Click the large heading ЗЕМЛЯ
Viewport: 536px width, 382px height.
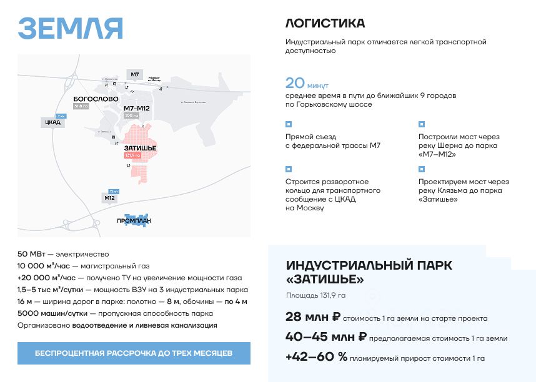coord(70,28)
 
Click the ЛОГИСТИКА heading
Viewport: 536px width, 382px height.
coord(325,24)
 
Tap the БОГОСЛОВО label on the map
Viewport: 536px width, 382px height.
coord(95,99)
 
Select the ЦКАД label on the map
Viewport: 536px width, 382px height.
coord(52,122)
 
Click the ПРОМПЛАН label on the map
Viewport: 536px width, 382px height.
coord(134,221)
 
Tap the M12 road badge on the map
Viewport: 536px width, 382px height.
coord(110,198)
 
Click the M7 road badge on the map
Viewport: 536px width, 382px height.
coord(134,75)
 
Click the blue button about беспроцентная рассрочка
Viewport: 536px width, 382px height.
coord(134,353)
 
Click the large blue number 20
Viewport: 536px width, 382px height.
coord(295,84)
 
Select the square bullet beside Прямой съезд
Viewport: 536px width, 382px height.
coord(289,124)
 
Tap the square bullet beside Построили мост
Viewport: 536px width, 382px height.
coord(422,124)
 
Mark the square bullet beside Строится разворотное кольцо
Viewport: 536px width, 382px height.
coord(289,169)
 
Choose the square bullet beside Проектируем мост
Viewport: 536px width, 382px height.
coord(422,169)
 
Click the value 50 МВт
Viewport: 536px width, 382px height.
coord(31,254)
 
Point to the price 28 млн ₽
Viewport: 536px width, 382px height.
coord(312,317)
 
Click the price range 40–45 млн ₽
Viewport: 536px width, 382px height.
coord(325,337)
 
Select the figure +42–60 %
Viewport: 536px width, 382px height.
coord(316,357)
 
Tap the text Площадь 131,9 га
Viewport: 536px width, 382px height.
coord(315,295)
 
